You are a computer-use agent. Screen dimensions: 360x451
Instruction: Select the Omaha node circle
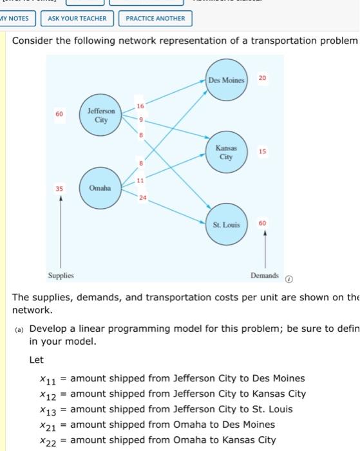click(x=101, y=188)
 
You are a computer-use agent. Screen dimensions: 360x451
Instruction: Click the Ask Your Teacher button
click(x=77, y=18)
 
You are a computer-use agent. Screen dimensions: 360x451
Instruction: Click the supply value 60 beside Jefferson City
click(x=59, y=114)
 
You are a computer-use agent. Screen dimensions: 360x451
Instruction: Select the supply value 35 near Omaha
click(x=60, y=189)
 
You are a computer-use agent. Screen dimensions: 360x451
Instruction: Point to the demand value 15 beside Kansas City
click(x=262, y=152)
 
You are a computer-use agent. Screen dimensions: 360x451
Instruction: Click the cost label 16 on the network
click(x=140, y=105)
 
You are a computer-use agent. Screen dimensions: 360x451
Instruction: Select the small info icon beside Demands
click(x=289, y=280)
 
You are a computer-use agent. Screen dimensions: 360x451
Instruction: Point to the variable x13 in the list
click(x=49, y=410)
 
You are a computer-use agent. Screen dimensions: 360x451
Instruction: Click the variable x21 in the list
click(x=49, y=425)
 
